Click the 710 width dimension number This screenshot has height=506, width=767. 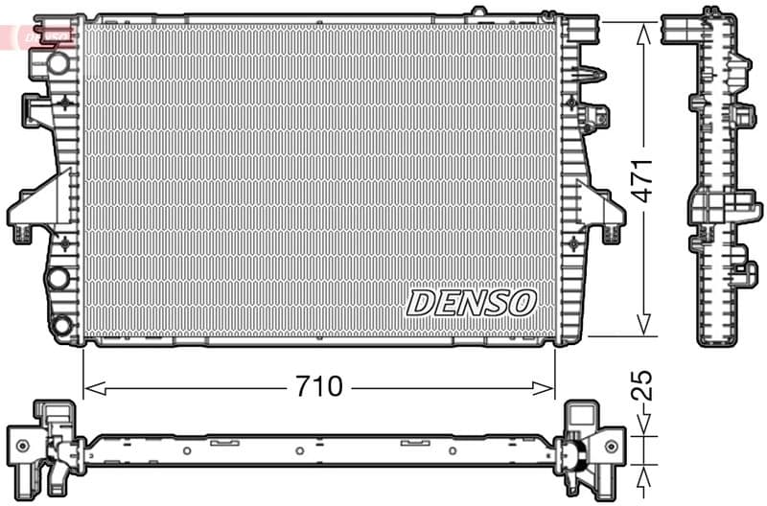(319, 387)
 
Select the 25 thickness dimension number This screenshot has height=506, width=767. (644, 384)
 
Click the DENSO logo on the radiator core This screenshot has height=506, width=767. (470, 303)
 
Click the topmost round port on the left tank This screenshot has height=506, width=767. (58, 62)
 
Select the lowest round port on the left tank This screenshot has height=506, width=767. (61, 325)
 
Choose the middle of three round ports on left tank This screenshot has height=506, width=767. (58, 278)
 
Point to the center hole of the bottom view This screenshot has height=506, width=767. (299, 450)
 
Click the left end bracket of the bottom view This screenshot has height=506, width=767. (43, 442)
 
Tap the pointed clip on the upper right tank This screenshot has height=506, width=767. (595, 74)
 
